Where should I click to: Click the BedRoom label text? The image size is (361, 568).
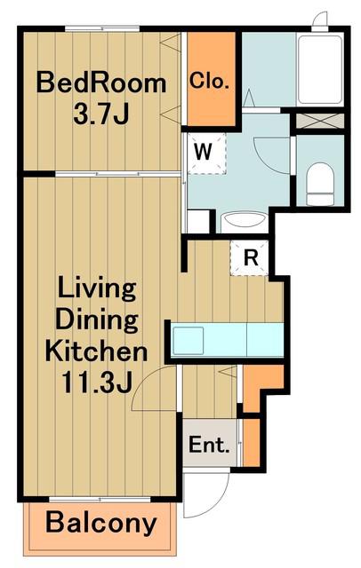coord(101,83)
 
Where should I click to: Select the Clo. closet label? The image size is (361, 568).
coord(209,81)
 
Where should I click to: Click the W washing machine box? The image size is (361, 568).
coord(206,153)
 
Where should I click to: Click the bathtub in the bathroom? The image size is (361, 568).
coord(319,70)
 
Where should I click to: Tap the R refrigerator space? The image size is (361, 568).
coord(250,258)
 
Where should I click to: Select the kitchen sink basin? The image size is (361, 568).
coord(188,341)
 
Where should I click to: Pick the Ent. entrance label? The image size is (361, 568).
coord(209,446)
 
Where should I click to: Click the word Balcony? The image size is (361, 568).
coord(101,523)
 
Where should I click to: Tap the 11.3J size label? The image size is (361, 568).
coord(97,383)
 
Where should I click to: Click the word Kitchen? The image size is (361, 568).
coord(97,351)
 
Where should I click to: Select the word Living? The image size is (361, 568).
coord(97,289)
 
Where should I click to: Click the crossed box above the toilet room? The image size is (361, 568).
coord(319,121)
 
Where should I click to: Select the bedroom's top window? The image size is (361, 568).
coord(102,29)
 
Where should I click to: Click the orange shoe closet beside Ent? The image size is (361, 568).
coord(251,442)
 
